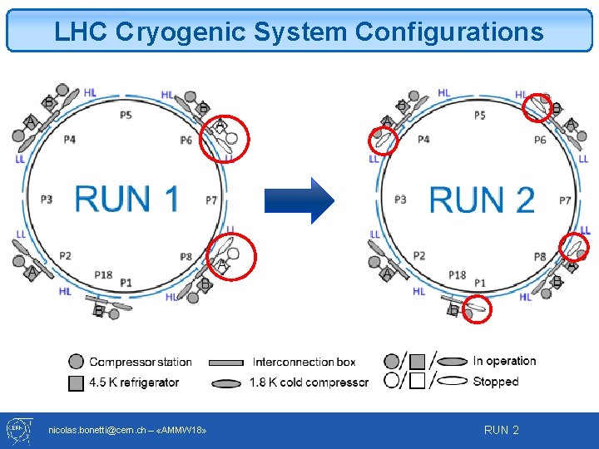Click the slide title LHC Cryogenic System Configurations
point(299,32)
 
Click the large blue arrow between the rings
point(299,200)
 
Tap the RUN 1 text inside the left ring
point(126,199)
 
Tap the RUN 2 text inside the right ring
point(482,200)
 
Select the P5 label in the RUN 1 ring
point(125,115)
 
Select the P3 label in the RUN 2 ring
point(400,200)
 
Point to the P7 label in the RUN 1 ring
point(211,200)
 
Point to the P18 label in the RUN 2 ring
point(457,274)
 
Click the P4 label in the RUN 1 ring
point(68,139)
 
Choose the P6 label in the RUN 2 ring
point(540,140)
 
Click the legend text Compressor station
point(140,362)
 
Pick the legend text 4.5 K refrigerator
point(134,382)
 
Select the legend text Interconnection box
point(304,362)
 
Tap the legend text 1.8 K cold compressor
point(308,382)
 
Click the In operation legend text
point(504,361)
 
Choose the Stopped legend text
point(495,382)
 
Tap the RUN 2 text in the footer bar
point(501,430)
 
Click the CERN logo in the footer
point(18,430)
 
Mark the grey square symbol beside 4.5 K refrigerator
point(76,382)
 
